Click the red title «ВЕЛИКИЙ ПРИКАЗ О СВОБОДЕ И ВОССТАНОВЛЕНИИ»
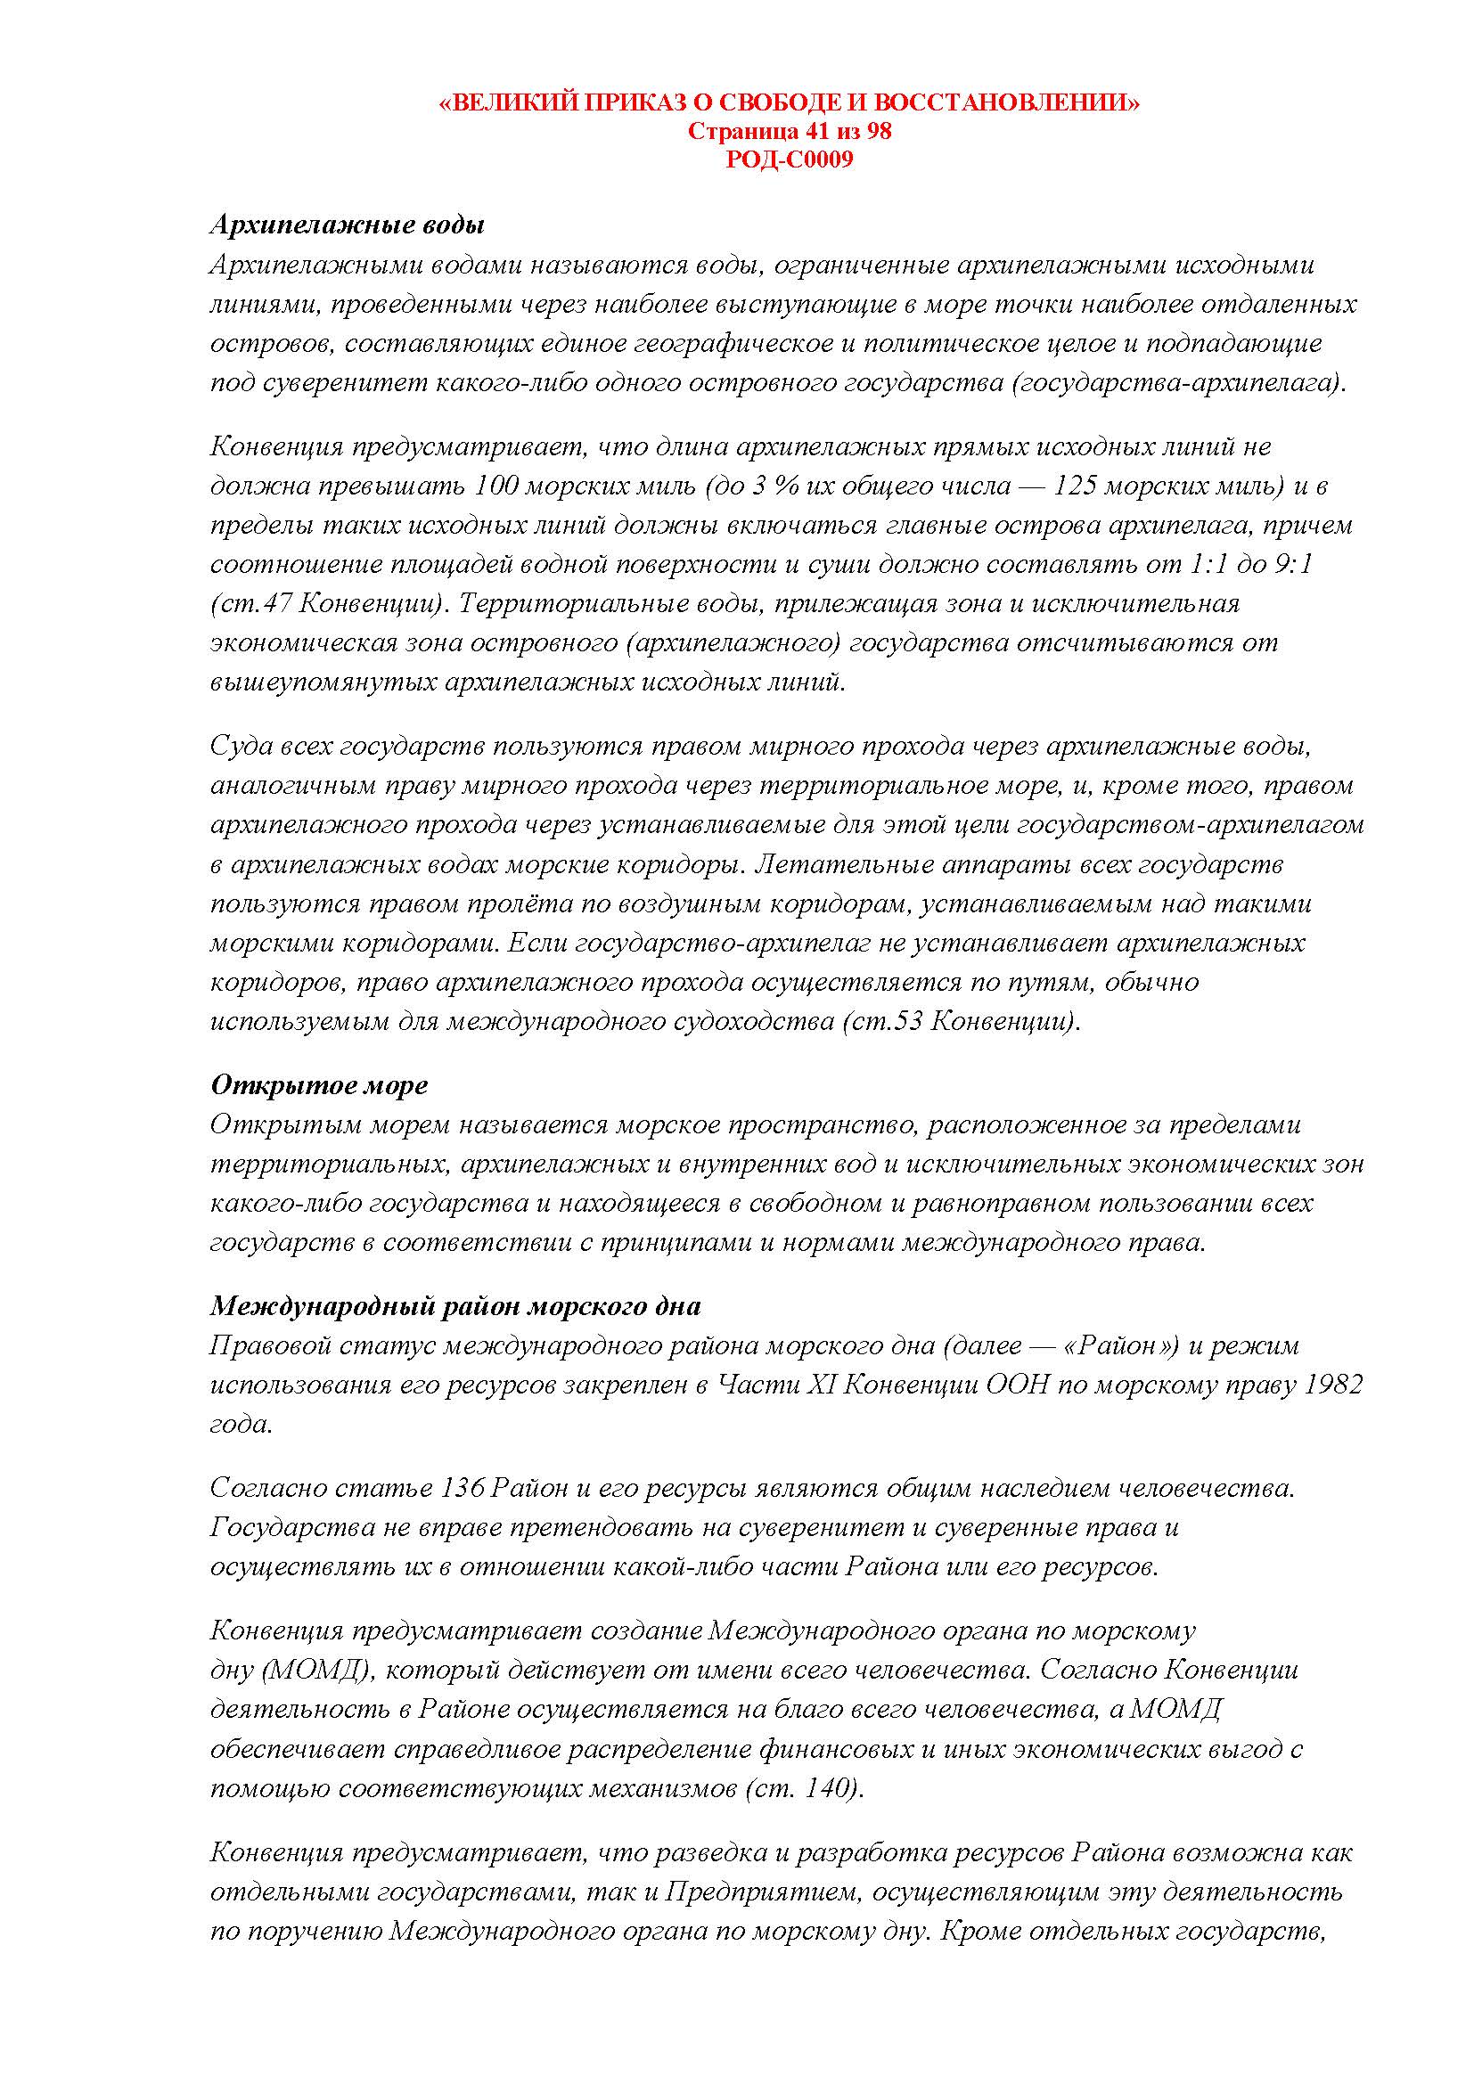789,103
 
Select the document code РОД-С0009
790,159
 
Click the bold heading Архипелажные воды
347,225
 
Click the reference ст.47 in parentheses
257,603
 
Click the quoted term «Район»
1119,1346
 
